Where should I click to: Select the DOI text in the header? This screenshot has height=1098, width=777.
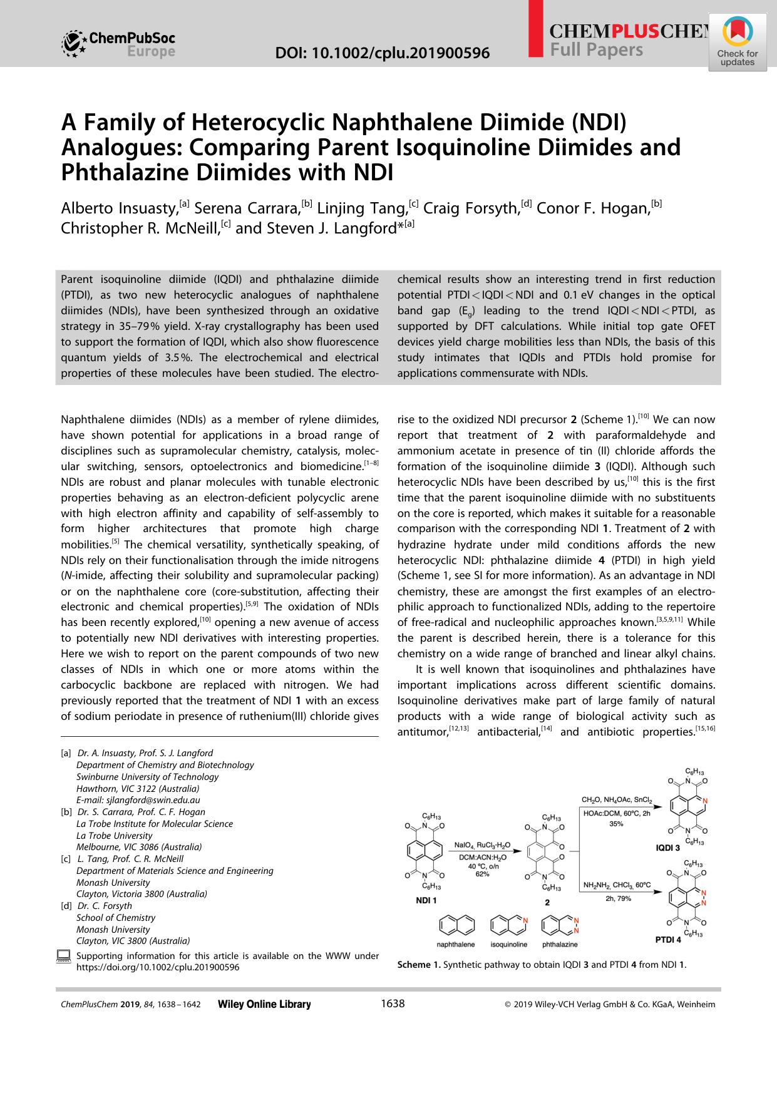tap(383, 53)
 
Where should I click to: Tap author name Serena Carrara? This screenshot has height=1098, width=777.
tap(254, 207)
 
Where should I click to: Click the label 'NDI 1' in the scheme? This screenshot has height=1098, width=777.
tap(426, 900)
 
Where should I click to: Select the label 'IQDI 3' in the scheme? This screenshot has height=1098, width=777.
tap(667, 848)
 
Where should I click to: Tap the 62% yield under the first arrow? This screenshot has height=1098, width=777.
tap(482, 874)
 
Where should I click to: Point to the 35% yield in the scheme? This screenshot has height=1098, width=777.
tap(616, 824)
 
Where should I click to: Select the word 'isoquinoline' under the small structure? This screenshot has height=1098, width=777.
tap(508, 944)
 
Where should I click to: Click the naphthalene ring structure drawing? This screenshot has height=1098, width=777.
tap(456, 925)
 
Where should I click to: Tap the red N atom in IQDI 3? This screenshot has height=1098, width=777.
tap(704, 801)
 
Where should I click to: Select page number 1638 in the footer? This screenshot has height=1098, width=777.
tap(393, 1003)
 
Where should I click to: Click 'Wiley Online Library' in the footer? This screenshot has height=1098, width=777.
tap(264, 1004)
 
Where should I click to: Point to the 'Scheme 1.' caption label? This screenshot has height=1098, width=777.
tap(418, 965)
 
